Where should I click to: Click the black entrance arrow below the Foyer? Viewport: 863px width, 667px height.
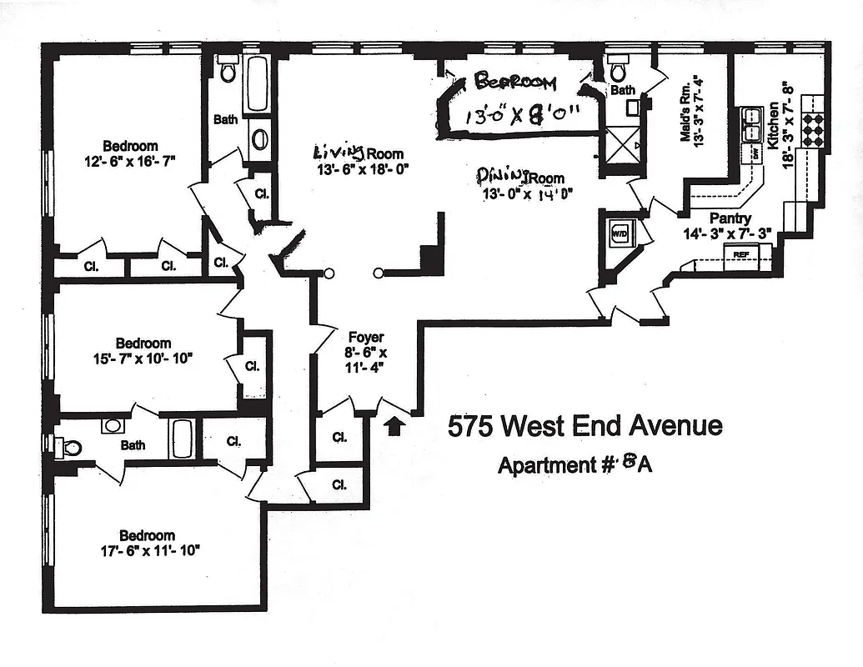click(396, 425)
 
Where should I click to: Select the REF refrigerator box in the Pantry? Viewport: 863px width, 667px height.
click(740, 254)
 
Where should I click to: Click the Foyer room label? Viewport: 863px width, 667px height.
click(366, 337)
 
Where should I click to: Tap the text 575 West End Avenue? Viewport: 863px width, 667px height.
click(585, 427)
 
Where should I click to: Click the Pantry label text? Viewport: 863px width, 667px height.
click(730, 218)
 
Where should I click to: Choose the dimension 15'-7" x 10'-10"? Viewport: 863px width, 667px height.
click(143, 358)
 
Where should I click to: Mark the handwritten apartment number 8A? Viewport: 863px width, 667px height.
click(637, 464)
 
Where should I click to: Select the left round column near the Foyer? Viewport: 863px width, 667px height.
click(329, 272)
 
